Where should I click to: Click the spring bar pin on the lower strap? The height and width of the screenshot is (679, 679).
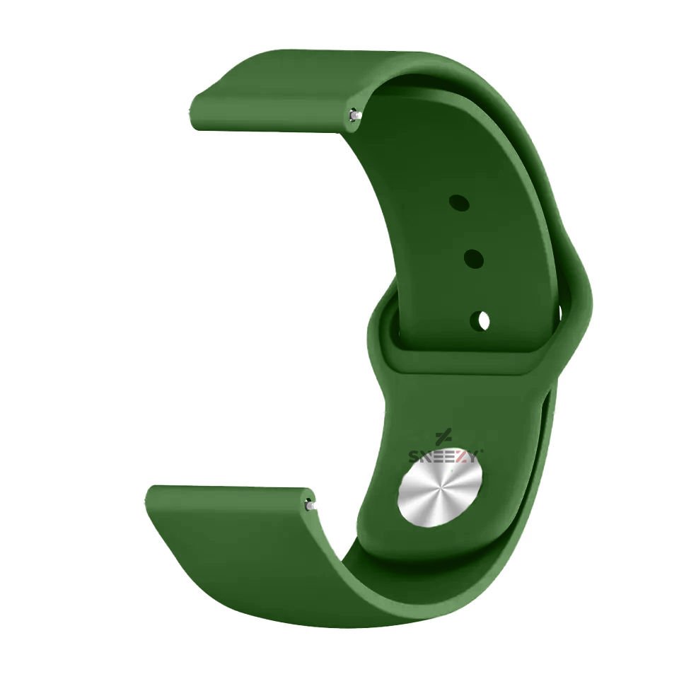[309, 504]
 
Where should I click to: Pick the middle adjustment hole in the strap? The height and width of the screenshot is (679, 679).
[473, 259]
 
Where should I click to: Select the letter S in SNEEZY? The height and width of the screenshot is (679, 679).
[414, 457]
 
